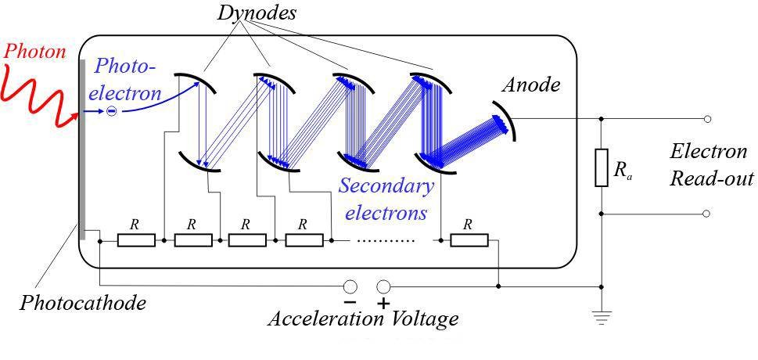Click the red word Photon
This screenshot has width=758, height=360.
coord(34,52)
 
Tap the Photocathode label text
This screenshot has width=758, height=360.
coord(83,303)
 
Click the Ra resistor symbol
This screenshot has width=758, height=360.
coord(601,167)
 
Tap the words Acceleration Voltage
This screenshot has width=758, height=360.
coord(363,319)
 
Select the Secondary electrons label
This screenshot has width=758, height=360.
coord(386,199)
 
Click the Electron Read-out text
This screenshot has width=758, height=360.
coord(710,164)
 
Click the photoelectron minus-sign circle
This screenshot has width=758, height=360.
coord(111,112)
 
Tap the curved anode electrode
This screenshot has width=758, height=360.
coord(508,119)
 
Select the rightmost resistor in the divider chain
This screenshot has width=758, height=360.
coord(469,239)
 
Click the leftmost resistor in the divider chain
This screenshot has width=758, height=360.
coord(136,239)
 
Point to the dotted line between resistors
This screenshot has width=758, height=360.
coord(385,240)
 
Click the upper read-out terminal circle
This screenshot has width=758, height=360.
coord(707,119)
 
